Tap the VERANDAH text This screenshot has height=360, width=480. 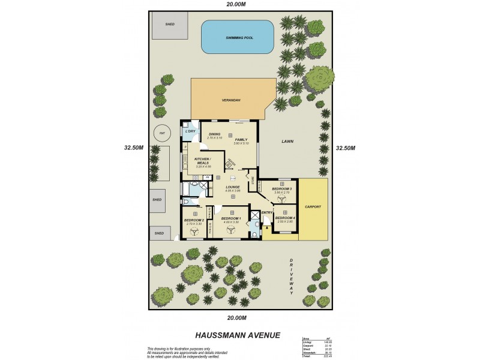click(231, 100)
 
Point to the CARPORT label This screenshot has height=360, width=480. click(313, 207)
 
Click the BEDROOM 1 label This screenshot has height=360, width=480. click(231, 218)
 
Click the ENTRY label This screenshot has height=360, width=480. click(267, 212)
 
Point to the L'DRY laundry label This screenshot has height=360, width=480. click(190, 131)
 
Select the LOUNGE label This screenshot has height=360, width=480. click(233, 187)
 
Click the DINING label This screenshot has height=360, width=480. click(214, 134)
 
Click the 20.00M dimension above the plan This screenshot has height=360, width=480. click(236, 5)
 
